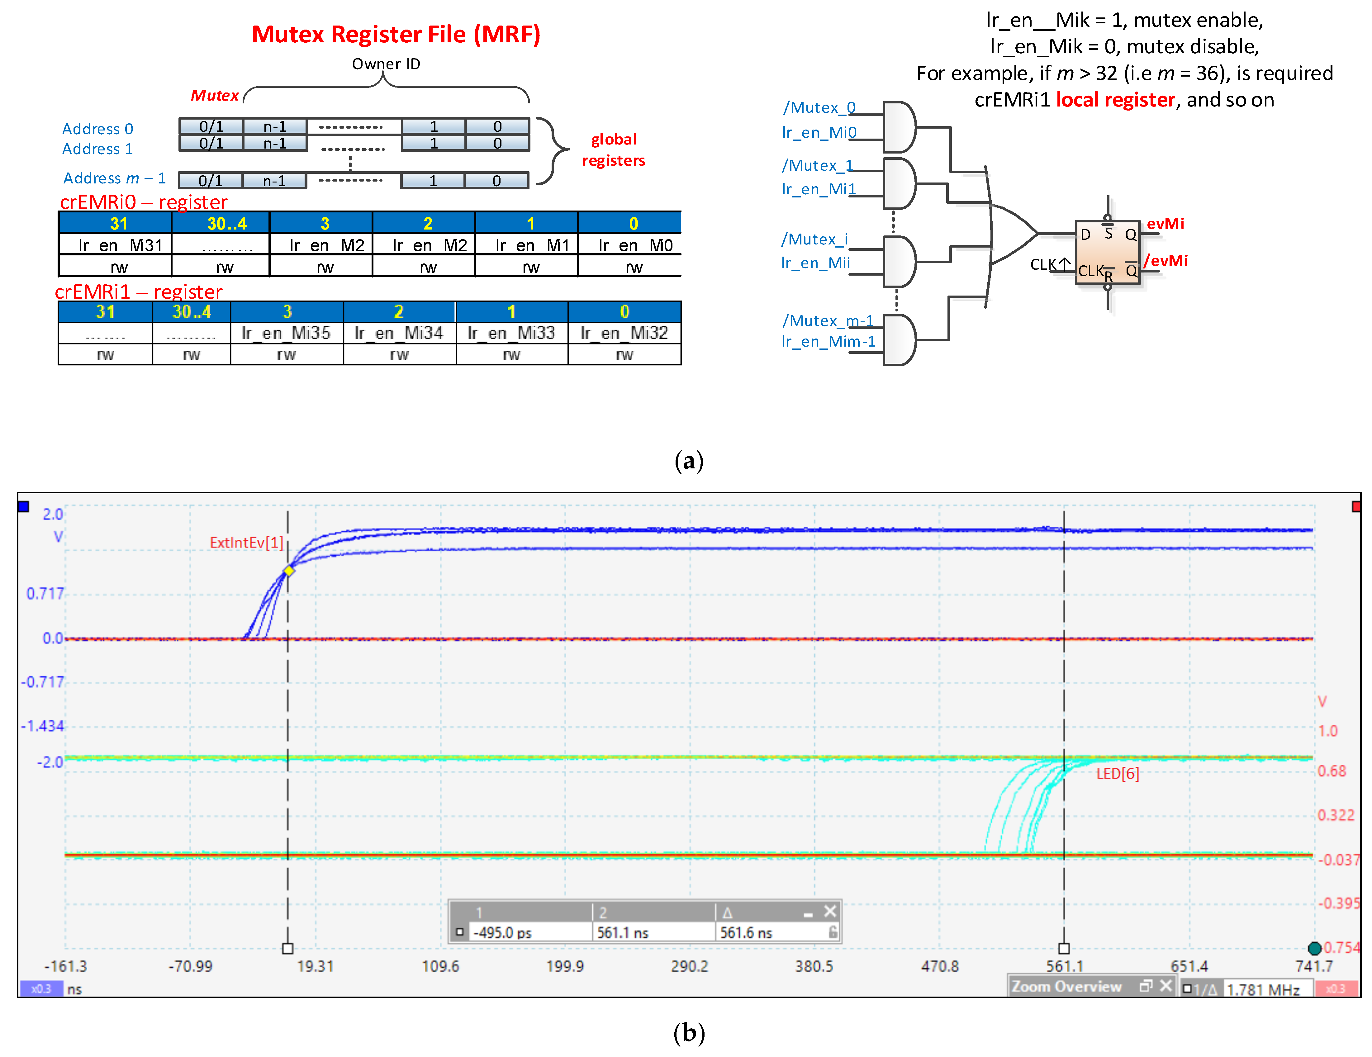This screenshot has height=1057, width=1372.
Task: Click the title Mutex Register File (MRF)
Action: click(396, 35)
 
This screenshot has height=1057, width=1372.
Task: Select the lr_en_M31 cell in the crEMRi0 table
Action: click(119, 245)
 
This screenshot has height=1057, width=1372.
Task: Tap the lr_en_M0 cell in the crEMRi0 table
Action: click(634, 245)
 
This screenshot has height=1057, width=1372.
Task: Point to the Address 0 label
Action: click(97, 129)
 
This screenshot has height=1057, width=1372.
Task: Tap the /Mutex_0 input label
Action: click(819, 107)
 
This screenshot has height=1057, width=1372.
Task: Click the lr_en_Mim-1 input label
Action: click(828, 341)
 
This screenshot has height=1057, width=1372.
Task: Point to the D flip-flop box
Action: click(1107, 252)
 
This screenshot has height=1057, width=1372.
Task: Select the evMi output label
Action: click(1165, 224)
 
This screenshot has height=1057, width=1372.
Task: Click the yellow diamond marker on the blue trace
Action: click(288, 571)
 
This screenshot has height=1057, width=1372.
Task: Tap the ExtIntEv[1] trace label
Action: click(246, 542)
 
